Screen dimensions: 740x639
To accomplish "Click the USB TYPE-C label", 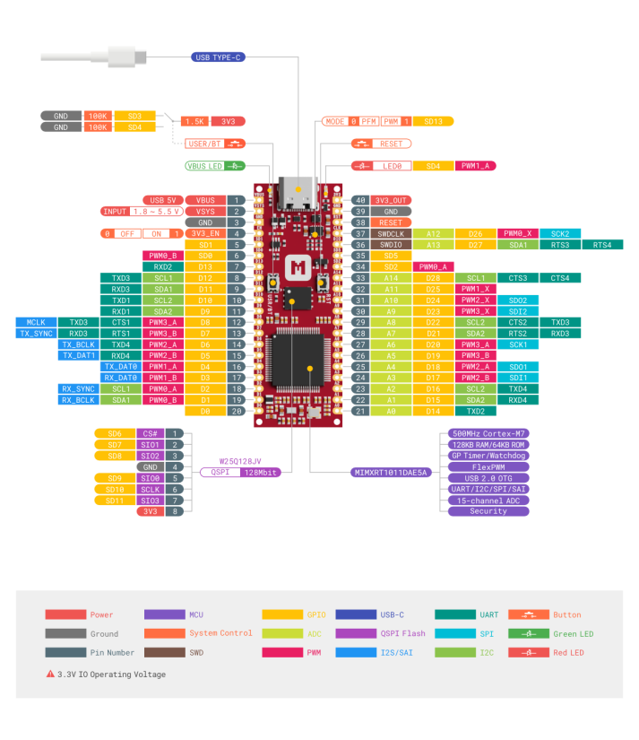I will (219, 57).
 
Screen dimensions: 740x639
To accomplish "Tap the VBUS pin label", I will (205, 200).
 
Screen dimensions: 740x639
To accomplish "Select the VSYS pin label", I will (205, 212).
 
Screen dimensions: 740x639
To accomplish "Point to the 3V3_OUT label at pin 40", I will (391, 200).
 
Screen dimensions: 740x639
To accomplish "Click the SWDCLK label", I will (391, 233).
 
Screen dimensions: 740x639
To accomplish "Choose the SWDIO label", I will (391, 245).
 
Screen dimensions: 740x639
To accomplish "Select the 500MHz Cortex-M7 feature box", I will (488, 434).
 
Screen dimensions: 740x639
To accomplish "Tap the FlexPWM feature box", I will (488, 467).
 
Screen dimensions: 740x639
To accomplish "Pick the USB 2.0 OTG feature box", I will (488, 478).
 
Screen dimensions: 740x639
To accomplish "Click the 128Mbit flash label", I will (261, 472).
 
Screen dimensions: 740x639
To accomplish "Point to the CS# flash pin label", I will (151, 434).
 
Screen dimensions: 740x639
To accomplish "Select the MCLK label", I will (36, 322).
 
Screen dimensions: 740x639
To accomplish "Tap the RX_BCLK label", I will (78, 400).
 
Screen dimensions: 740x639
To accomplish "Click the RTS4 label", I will (602, 245).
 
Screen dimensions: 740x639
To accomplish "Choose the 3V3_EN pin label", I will (205, 233).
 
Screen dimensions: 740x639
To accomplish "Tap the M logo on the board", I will (297, 267).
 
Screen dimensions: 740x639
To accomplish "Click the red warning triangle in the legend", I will (50, 674).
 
